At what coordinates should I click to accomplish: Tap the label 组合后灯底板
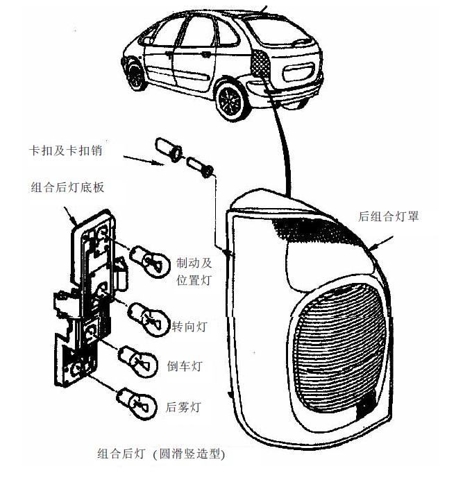click(x=67, y=187)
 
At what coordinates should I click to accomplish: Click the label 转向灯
click(x=190, y=324)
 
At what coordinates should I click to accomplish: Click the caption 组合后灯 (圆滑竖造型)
click(x=161, y=455)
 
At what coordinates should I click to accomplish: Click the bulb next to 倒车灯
click(x=140, y=359)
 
